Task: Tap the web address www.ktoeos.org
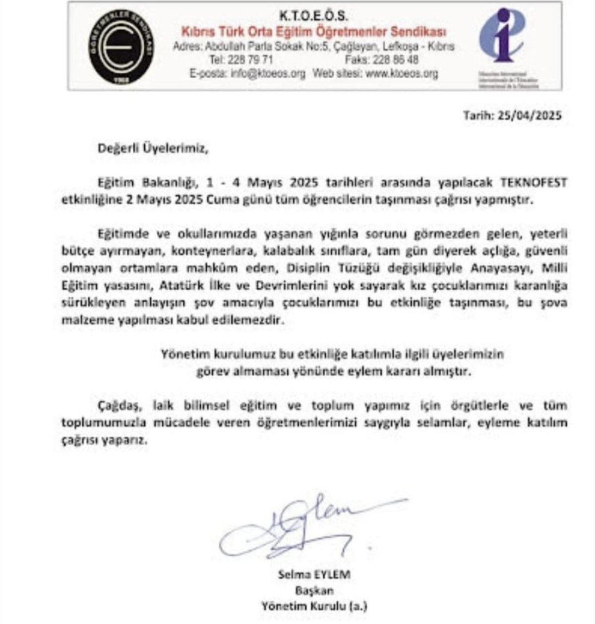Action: click(401, 74)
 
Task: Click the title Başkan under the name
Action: click(314, 591)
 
